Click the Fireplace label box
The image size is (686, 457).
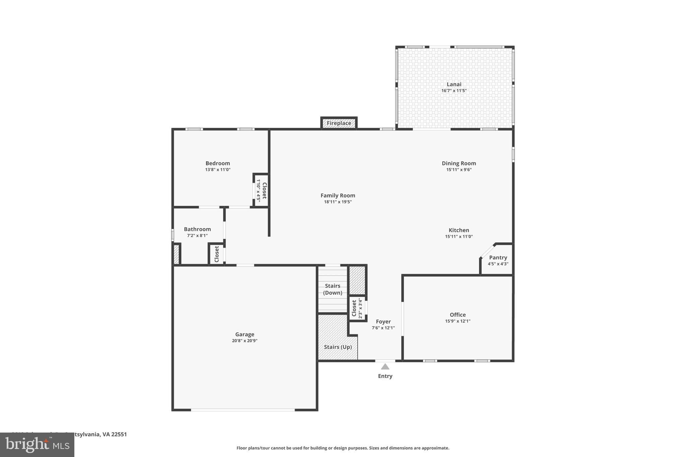[339, 123]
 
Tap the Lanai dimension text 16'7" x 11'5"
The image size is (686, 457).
[454, 91]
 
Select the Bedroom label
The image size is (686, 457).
[218, 163]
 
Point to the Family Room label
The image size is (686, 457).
[338, 196]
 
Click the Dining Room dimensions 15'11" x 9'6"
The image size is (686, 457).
[459, 170]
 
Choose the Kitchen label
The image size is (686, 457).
[459, 230]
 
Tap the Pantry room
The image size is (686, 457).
[498, 260]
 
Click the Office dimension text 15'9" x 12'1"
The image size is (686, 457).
[458, 321]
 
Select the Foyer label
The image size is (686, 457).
[383, 322]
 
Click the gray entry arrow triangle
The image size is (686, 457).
[385, 367]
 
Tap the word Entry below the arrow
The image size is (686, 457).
[385, 376]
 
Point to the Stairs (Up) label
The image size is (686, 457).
[338, 347]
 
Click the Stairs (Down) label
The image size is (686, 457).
[333, 289]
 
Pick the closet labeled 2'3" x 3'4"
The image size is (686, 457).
[357, 308]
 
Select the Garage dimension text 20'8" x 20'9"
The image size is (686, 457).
[245, 341]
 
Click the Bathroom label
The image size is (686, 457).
[197, 229]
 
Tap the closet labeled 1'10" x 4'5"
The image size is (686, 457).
[261, 190]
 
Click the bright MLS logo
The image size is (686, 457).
[37, 445]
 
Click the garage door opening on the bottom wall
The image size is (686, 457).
[243, 410]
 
